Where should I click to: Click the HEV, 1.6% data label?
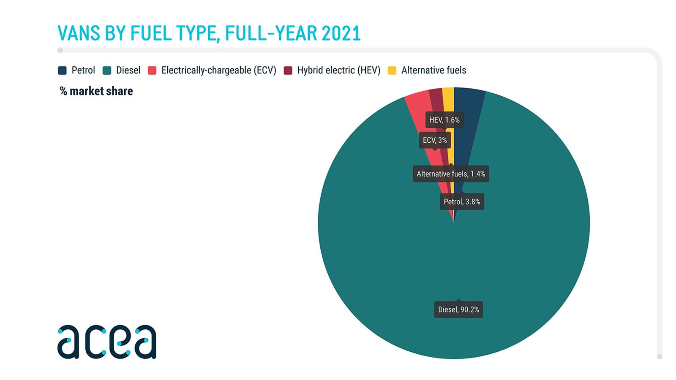(444, 120)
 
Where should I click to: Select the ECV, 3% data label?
(435, 140)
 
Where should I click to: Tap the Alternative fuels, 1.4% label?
(451, 174)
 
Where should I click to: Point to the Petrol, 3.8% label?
(462, 201)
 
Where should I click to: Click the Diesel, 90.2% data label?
(458, 309)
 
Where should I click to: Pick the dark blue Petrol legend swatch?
(62, 71)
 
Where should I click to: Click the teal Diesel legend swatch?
(107, 71)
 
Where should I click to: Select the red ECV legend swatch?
(152, 71)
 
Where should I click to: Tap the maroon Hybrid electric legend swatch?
(288, 71)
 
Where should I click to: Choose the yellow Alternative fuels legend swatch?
(392, 71)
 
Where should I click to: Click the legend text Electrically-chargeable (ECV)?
(219, 70)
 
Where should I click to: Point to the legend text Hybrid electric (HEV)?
(338, 70)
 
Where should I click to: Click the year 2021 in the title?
(341, 33)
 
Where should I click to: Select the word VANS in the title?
(79, 33)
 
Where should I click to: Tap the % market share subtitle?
(96, 91)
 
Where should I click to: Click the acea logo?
(107, 342)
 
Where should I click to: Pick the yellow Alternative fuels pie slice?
(450, 127)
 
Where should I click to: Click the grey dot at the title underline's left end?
(60, 50)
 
